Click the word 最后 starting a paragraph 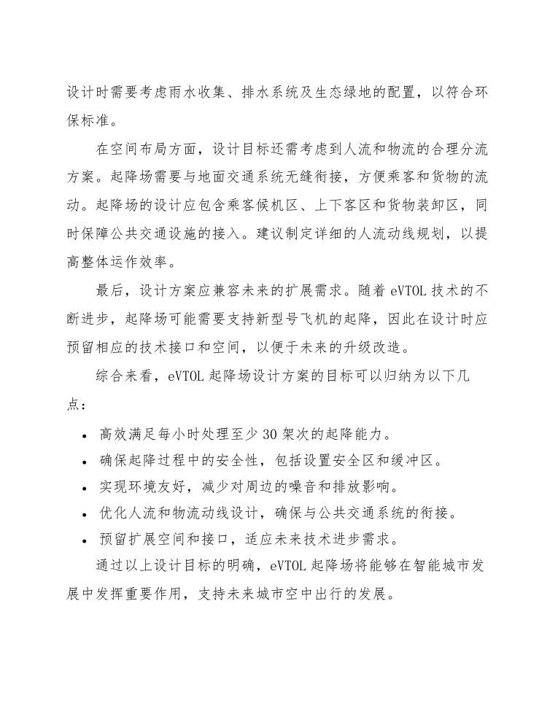click(110, 289)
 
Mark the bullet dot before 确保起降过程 click(86, 462)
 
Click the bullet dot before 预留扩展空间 click(86, 540)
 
